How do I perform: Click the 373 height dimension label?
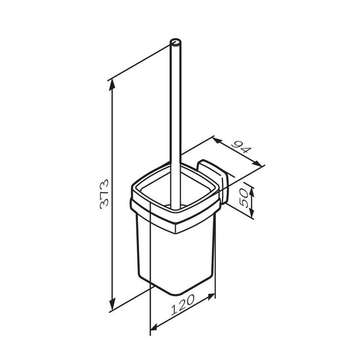[x=104, y=194]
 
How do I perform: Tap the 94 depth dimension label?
[x=241, y=147]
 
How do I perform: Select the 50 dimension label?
[x=244, y=198]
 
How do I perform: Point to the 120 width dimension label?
[x=183, y=305]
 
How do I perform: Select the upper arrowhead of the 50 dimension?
[x=252, y=192]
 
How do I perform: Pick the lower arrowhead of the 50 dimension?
[x=252, y=213]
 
